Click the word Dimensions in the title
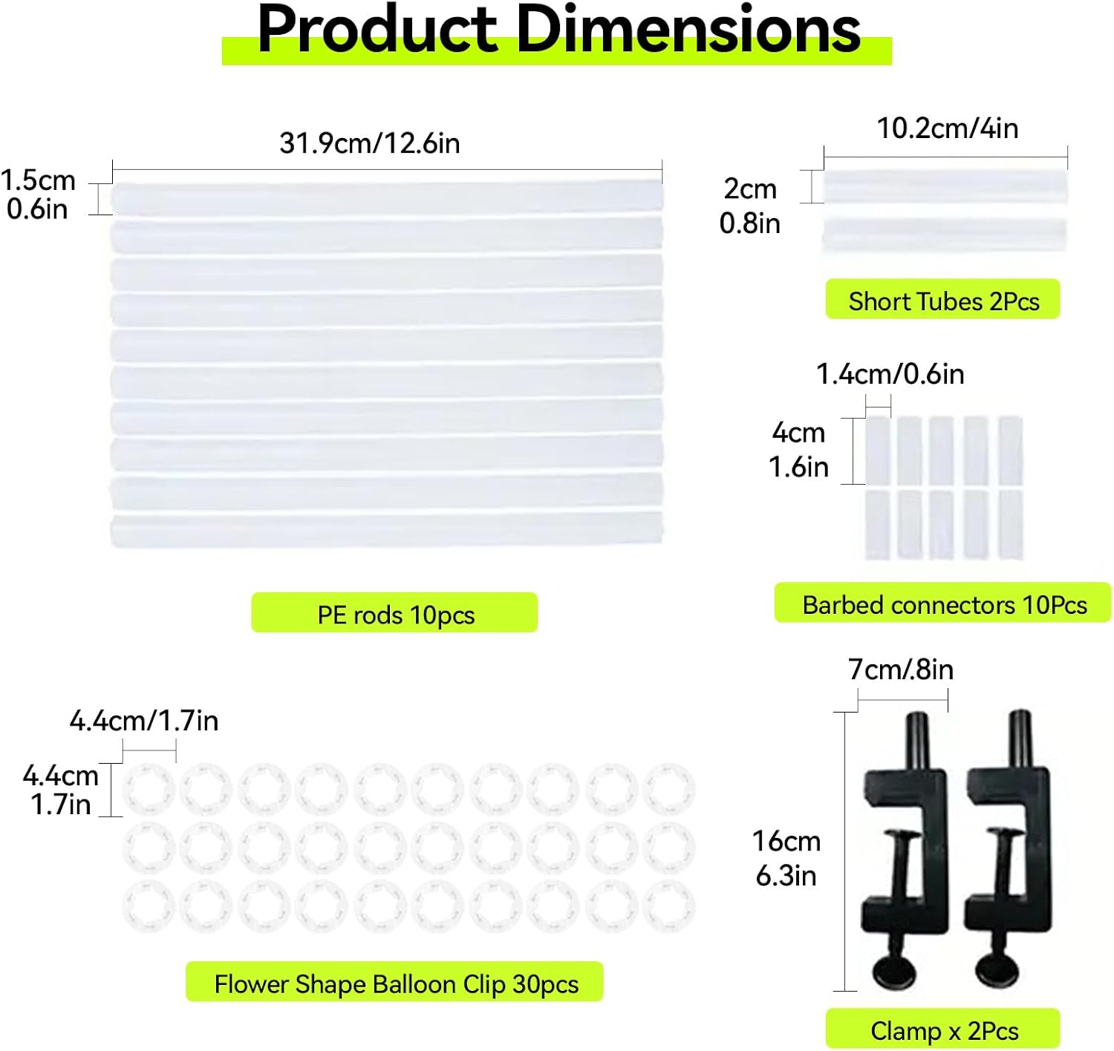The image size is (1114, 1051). (x=688, y=29)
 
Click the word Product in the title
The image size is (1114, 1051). (x=377, y=29)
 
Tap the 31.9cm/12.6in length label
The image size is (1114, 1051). (x=370, y=143)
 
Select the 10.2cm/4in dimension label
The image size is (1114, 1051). (x=948, y=128)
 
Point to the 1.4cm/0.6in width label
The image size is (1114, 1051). (x=890, y=374)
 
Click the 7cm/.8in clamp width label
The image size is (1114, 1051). (x=900, y=669)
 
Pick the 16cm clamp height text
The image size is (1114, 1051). (x=786, y=841)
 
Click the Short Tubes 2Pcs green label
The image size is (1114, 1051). (x=943, y=299)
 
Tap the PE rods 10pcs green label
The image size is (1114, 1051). (x=394, y=612)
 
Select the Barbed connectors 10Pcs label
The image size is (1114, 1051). (x=943, y=603)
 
